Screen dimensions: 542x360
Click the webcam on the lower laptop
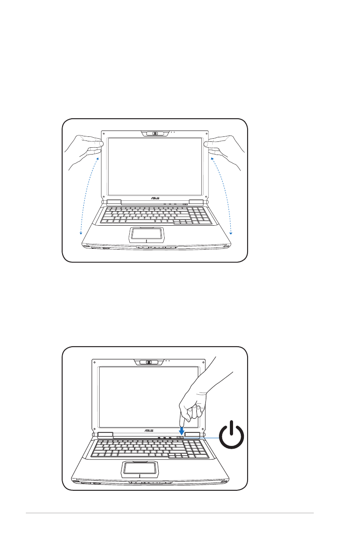(x=148, y=362)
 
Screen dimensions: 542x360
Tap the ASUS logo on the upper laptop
(x=155, y=198)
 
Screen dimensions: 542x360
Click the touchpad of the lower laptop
(x=140, y=468)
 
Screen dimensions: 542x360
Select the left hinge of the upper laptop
(x=114, y=201)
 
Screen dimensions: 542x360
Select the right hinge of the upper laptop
(x=196, y=201)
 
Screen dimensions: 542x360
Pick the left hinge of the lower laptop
(x=105, y=435)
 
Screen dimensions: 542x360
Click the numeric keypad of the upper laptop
(x=199, y=215)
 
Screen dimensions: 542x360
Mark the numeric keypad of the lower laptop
(x=196, y=449)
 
